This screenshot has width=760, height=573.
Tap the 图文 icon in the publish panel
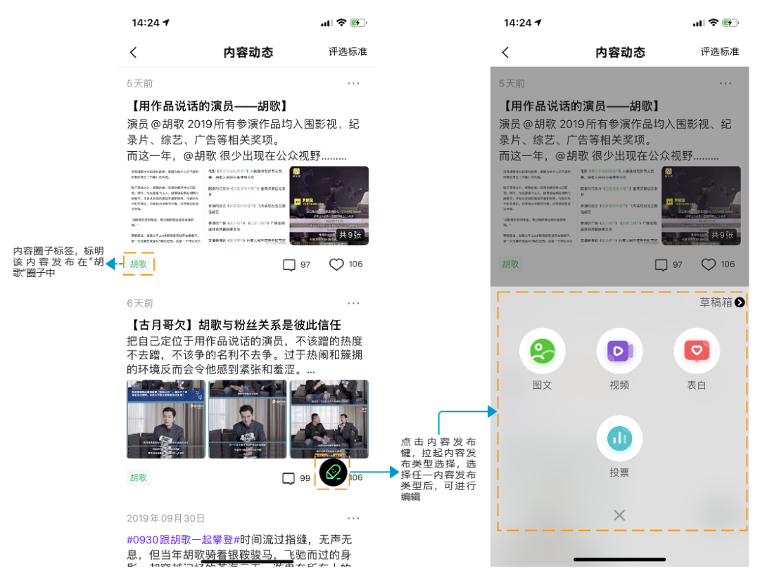tap(542, 350)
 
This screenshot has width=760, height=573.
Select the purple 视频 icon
tap(619, 350)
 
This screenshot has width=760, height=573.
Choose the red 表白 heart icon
tap(697, 350)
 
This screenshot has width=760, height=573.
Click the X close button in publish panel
tap(619, 515)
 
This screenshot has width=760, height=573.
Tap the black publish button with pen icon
tap(333, 472)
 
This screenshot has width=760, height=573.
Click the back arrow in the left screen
tap(134, 52)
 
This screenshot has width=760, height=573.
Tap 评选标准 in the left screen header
tap(348, 52)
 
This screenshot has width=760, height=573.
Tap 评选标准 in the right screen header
tap(719, 52)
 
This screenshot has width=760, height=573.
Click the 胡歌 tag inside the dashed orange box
tap(139, 264)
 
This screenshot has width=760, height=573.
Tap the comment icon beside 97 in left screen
tap(289, 265)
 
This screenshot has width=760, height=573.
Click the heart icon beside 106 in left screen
tap(336, 265)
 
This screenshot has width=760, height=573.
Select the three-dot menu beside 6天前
tap(353, 303)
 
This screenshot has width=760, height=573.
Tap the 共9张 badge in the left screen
tap(350, 235)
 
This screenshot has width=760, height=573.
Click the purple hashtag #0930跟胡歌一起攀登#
tap(183, 539)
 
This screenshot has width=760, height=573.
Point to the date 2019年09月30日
tap(165, 518)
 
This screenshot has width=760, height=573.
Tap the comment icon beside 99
tap(289, 478)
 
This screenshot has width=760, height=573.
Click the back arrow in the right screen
tap(505, 52)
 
